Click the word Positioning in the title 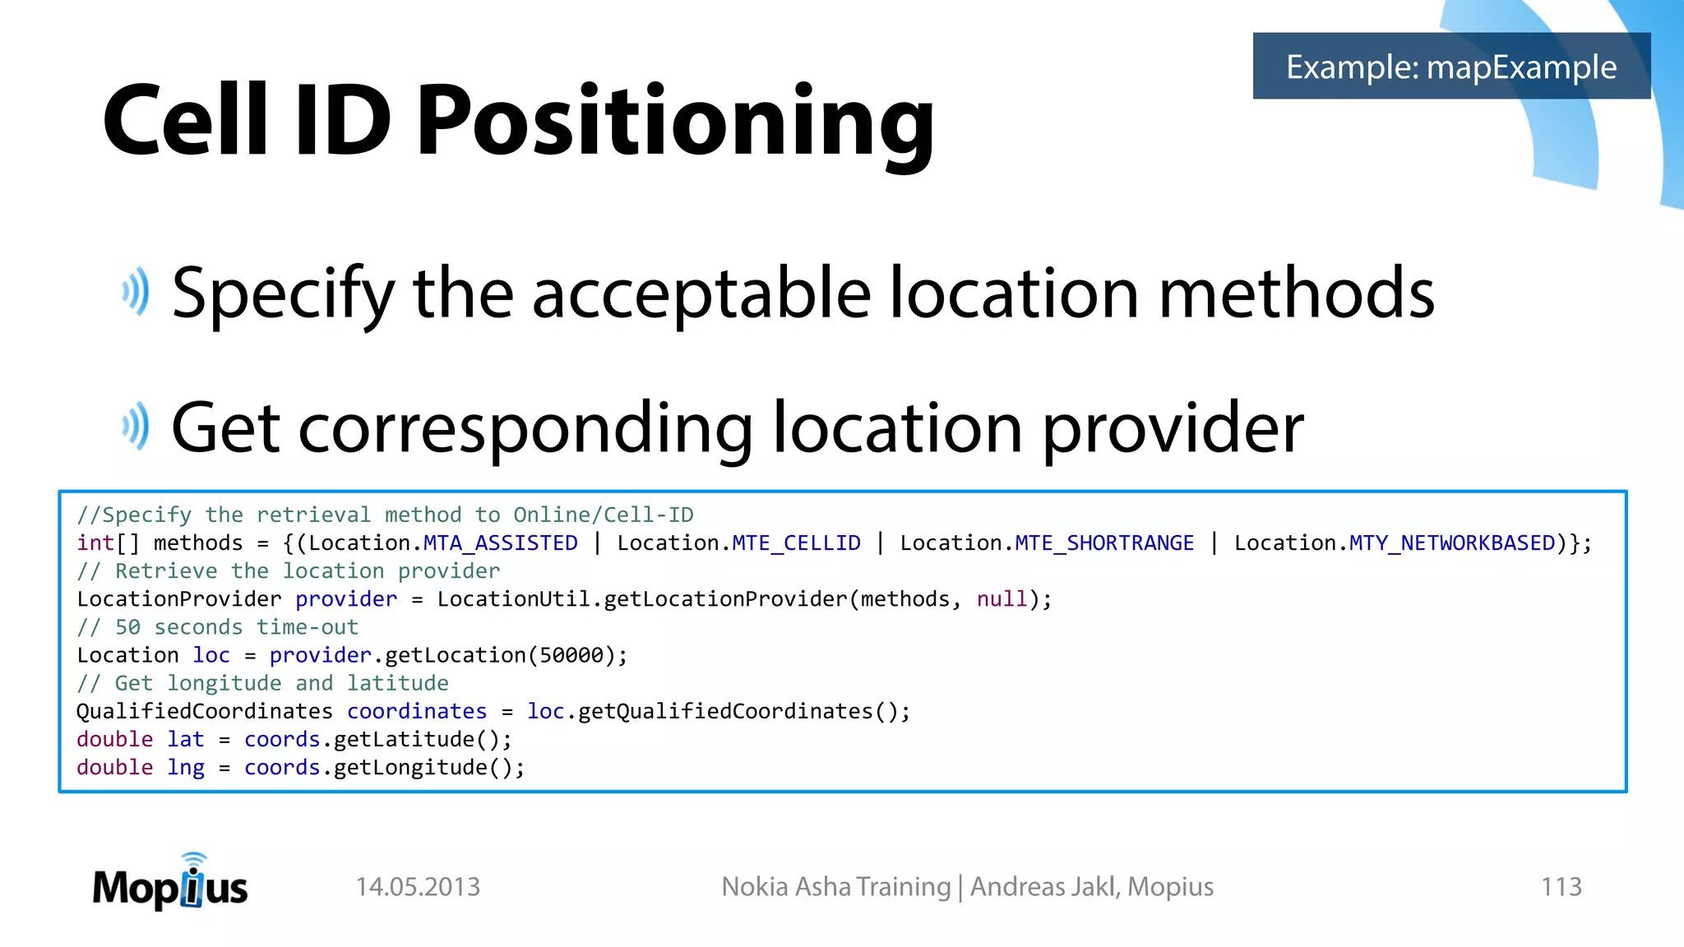(674, 122)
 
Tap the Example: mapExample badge (1451, 67)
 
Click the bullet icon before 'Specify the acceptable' (136, 292)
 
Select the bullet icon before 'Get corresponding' (136, 427)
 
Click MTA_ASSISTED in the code (500, 543)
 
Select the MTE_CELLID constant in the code (796, 543)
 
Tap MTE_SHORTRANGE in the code (1104, 543)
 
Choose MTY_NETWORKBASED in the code (1452, 543)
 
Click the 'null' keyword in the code (1002, 599)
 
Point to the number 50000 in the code (571, 655)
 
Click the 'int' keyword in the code (95, 543)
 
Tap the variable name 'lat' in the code (186, 740)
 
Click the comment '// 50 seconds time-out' (218, 627)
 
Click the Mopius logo (170, 884)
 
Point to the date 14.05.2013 (418, 887)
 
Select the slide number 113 (1561, 887)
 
